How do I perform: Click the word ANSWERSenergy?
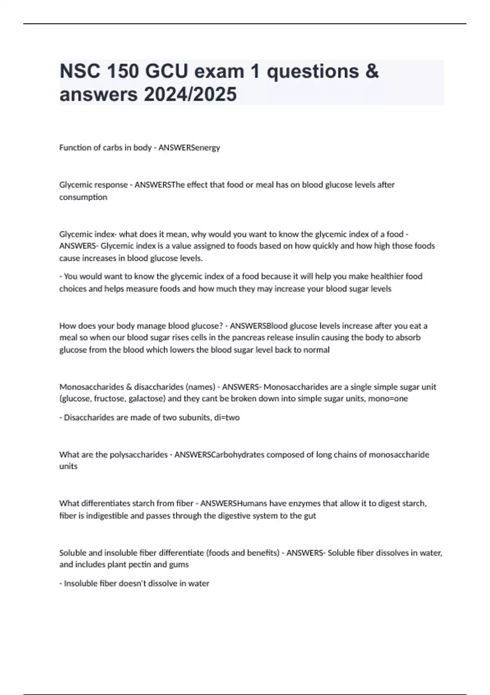click(189, 148)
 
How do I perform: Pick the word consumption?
click(83, 197)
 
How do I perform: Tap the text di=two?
click(227, 418)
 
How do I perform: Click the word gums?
click(180, 565)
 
